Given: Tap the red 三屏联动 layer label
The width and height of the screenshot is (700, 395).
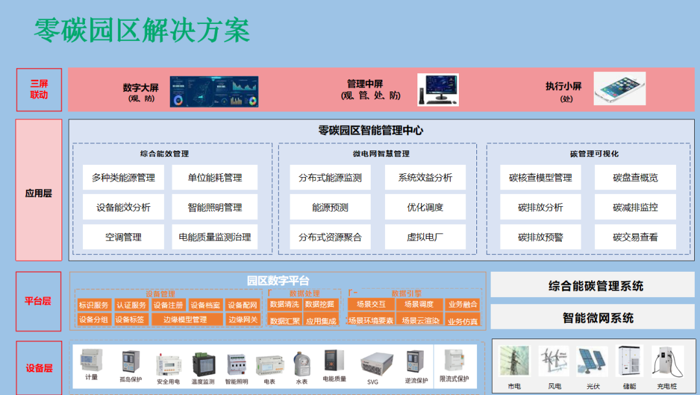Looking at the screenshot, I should (39, 90).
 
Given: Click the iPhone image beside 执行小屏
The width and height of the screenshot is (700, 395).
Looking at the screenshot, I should (619, 88).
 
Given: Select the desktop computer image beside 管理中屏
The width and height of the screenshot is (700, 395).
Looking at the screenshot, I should (437, 90).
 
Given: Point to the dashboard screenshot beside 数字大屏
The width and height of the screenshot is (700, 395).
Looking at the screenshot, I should (214, 91).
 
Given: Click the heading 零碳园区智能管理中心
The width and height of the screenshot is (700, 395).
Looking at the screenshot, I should (371, 130).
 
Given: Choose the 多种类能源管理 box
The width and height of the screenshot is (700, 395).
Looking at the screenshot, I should (123, 178).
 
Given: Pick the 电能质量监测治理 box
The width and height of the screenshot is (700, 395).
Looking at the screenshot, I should (215, 237).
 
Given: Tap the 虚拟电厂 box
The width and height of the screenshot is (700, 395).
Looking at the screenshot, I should (425, 237).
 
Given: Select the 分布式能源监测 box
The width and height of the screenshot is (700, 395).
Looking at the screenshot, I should (330, 178).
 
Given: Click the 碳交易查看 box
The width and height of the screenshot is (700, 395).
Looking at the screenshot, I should (635, 237).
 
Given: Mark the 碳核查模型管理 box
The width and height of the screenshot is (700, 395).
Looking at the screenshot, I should (541, 178).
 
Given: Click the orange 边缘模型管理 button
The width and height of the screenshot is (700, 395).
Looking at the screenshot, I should (185, 319).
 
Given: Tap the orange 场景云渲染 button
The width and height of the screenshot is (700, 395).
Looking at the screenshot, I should (419, 320).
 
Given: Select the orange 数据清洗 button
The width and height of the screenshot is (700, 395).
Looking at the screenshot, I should (285, 304).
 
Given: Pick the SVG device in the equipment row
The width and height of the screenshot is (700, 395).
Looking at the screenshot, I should (373, 363).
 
